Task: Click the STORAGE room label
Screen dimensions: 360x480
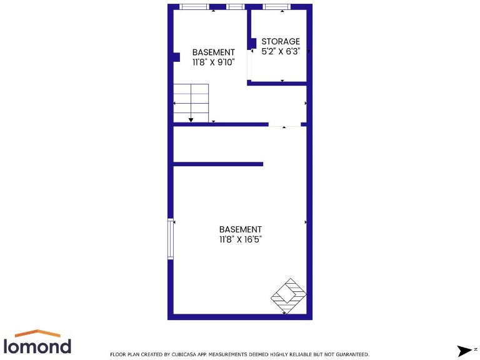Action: (280, 42)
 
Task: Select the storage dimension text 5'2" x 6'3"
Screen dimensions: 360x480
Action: (281, 52)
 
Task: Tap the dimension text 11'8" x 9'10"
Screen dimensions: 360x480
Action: (213, 62)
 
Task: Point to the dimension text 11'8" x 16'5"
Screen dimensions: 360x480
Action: (240, 239)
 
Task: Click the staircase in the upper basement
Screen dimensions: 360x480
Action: (191, 102)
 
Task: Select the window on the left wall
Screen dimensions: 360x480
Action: (170, 238)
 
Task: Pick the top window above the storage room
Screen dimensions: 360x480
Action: (276, 7)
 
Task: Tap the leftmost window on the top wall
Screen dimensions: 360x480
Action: (194, 7)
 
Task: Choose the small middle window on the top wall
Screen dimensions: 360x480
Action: (236, 7)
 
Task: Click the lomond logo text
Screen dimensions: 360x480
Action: (37, 346)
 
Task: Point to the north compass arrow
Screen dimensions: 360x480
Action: (464, 351)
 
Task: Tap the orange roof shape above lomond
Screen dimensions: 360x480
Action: (38, 333)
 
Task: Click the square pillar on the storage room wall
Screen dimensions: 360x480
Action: (253, 43)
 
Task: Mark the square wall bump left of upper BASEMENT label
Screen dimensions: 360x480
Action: (176, 57)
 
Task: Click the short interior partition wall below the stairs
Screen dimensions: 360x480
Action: (217, 164)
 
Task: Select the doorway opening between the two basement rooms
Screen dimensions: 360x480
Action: (284, 124)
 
